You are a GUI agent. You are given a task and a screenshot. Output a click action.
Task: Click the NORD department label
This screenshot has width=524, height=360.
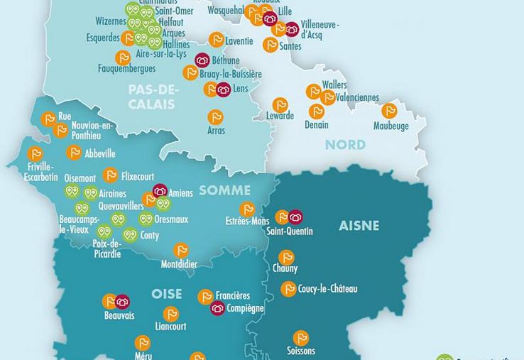tap(345, 145)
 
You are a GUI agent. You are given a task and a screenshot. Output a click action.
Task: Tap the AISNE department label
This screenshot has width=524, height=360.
tap(359, 226)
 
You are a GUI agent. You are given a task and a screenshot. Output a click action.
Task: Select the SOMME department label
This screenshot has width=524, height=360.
tap(224, 190)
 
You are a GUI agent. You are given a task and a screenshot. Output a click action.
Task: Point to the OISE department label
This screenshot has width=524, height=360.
tap(166, 294)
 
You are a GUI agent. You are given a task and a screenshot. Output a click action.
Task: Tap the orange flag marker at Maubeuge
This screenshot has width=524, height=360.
tap(389, 111)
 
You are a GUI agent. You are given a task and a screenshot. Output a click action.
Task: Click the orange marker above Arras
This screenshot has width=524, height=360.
tap(216, 116)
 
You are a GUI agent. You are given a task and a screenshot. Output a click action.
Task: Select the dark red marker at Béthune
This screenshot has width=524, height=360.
tap(202, 60)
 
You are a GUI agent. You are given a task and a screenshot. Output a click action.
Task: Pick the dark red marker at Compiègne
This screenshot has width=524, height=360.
tap(218, 308)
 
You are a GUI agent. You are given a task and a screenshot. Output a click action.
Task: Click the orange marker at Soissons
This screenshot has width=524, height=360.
tap(301, 337)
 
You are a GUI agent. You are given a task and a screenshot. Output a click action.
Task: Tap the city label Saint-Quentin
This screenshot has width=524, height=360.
tap(289, 231)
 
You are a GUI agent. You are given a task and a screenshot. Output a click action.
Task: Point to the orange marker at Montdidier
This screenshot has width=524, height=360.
tap(182, 250)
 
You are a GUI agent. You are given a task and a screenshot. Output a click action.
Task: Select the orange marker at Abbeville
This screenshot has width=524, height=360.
tap(74, 152)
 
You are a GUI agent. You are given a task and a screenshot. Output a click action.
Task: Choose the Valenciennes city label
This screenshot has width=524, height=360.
tap(357, 98)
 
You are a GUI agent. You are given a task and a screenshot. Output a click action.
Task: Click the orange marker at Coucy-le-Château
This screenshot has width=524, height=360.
tap(288, 288)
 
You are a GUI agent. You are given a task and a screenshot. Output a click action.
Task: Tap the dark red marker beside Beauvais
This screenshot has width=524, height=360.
tap(123, 302)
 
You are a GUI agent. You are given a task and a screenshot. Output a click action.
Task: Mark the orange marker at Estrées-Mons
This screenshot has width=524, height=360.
tap(247, 209)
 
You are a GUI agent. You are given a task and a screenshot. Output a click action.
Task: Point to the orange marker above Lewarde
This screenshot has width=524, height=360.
tap(280, 104)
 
